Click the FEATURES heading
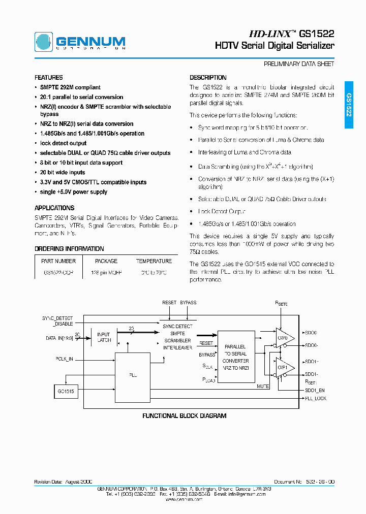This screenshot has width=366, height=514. (49, 78)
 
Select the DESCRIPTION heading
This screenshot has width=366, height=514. (208, 78)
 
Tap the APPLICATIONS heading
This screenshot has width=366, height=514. (54, 208)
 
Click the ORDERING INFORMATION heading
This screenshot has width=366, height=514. (69, 249)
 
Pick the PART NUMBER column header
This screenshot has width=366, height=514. (58, 261)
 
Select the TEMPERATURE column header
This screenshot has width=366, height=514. (154, 261)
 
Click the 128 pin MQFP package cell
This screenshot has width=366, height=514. (106, 273)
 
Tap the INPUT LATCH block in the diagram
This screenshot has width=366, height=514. (104, 338)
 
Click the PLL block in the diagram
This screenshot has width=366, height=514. (133, 374)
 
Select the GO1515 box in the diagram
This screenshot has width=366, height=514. (66, 391)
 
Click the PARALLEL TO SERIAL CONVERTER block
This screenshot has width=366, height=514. (235, 357)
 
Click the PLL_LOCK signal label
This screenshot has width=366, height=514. (316, 398)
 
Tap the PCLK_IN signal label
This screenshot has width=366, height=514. (65, 359)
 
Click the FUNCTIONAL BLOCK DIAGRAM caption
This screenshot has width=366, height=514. (184, 415)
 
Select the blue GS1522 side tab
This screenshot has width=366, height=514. (349, 105)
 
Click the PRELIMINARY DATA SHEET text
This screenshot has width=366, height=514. (299, 64)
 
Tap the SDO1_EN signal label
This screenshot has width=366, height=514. (315, 390)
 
